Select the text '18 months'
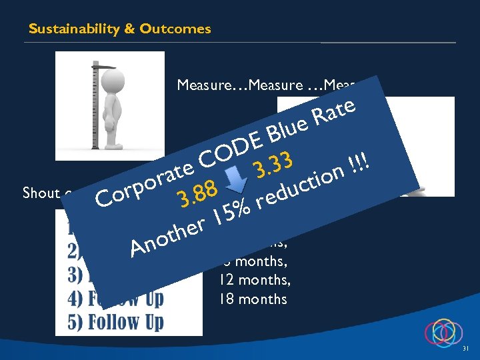coord(253,299)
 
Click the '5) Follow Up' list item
coord(116,322)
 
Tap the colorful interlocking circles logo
coord(443,331)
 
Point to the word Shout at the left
coord(41,193)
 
